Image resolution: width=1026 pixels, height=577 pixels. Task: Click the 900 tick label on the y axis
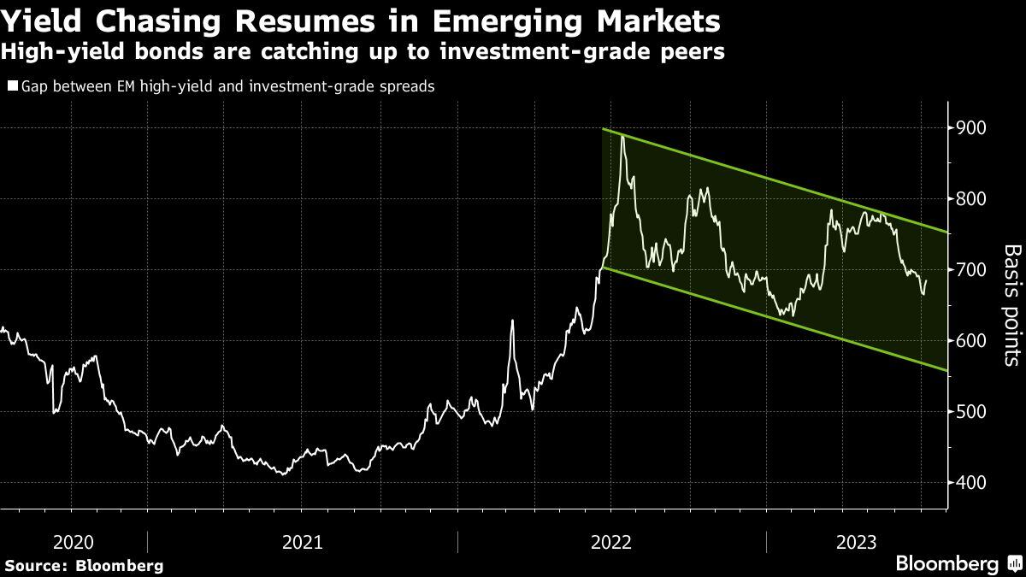973,128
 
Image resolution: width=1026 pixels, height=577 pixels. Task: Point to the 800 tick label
973,199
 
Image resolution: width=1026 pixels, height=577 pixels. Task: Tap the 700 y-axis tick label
973,270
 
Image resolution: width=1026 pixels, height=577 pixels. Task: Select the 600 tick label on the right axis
973,341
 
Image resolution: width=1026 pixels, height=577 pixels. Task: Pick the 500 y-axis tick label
973,412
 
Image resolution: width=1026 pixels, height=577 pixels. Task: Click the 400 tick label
973,483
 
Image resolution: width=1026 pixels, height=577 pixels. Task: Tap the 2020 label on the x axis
74,542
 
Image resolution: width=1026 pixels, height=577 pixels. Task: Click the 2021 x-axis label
302,542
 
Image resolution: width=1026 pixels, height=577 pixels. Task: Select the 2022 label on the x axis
611,542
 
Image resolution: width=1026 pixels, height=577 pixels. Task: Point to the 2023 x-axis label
857,542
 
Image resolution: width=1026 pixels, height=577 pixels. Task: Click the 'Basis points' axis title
1011,305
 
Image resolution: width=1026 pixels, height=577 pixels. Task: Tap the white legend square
11,86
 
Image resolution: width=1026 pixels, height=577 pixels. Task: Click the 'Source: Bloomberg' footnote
84,565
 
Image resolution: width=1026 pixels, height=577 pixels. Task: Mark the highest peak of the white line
622,136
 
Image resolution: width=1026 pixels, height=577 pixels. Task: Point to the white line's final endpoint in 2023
926,280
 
